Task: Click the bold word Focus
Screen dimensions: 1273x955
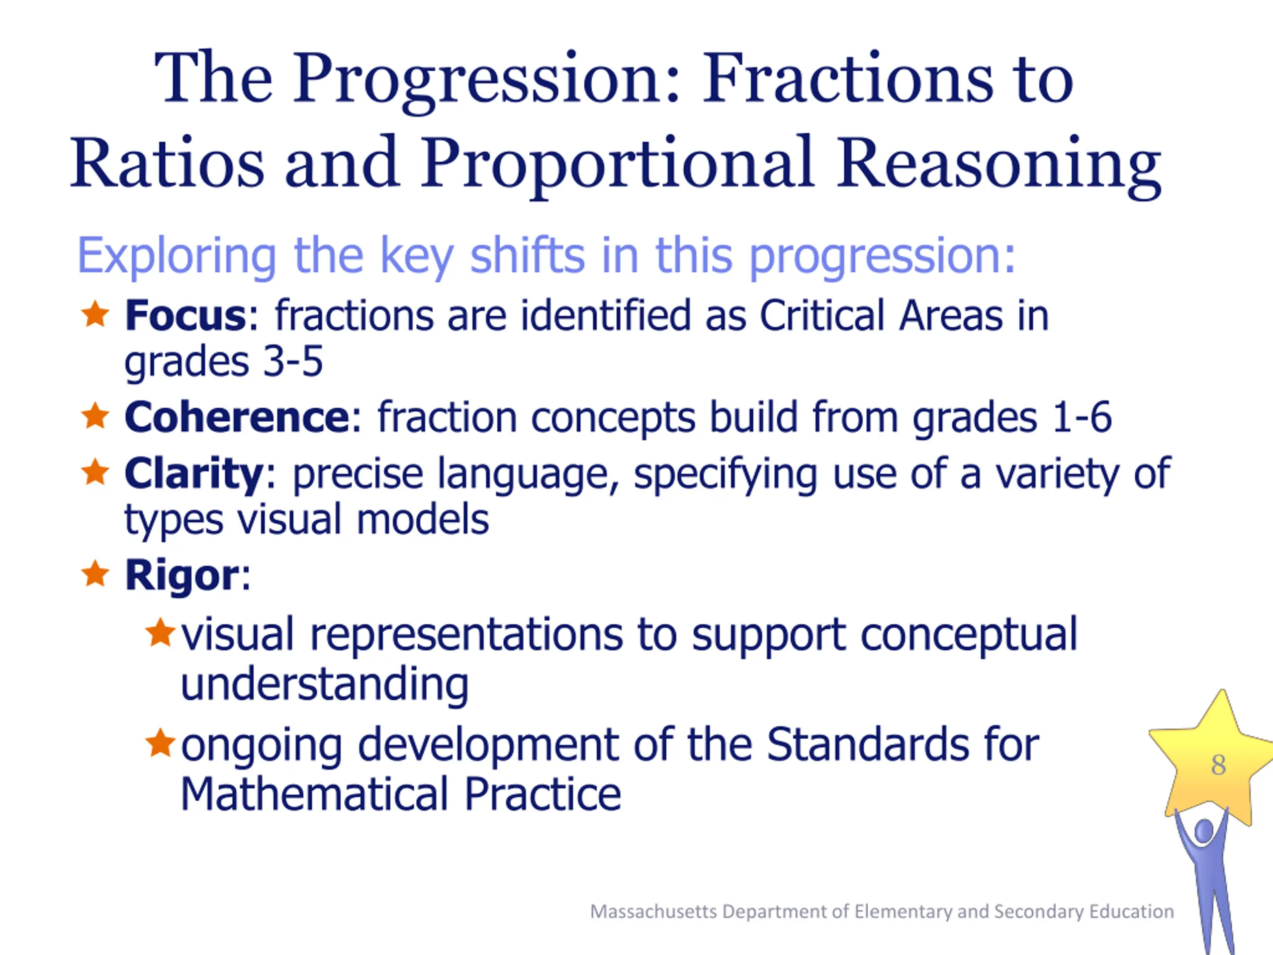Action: point(185,315)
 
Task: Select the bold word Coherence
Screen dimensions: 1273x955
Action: point(237,417)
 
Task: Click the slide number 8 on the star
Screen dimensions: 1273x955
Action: point(1218,765)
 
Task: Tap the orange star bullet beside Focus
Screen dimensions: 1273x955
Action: point(95,314)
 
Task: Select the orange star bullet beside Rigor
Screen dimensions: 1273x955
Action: point(95,573)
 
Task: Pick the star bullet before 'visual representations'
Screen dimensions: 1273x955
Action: point(160,633)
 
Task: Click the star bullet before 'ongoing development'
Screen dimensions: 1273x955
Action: point(160,743)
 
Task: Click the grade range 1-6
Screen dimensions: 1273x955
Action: point(1082,417)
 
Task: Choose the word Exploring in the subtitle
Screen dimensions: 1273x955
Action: point(177,257)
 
